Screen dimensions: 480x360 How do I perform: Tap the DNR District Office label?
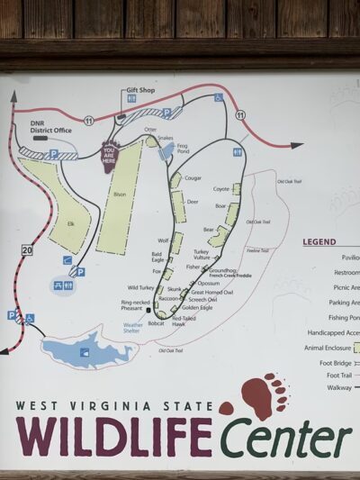(x=50, y=131)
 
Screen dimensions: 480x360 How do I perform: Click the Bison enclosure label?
(x=120, y=194)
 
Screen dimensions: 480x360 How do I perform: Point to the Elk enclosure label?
(x=70, y=223)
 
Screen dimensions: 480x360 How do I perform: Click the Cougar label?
(x=193, y=178)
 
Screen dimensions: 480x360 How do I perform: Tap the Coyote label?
(x=220, y=188)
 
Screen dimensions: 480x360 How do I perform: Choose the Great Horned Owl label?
(x=211, y=292)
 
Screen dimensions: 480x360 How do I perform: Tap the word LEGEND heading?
(x=319, y=241)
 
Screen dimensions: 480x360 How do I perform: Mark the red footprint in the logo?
(x=261, y=397)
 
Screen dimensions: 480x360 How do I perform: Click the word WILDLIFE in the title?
(x=113, y=435)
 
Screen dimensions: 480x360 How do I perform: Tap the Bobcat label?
(x=157, y=322)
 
